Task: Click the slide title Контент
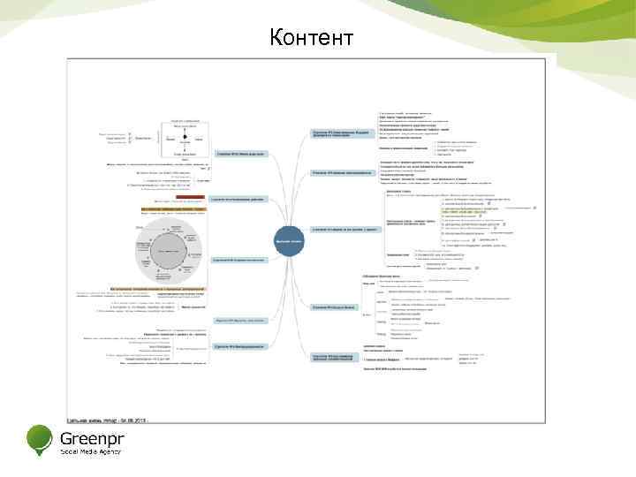(312, 38)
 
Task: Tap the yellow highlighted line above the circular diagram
(173, 209)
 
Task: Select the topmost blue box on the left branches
(241, 153)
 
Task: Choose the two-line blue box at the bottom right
(339, 357)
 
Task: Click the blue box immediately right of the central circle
(349, 230)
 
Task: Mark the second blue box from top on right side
(344, 172)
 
